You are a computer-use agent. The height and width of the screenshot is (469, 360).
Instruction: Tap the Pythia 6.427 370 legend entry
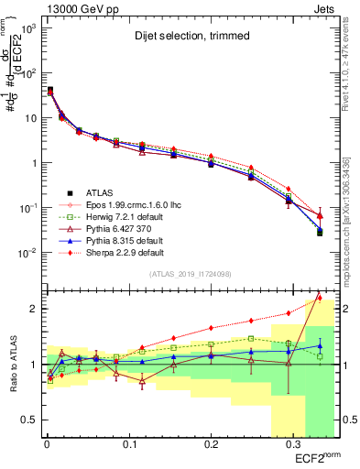coord(120,228)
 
